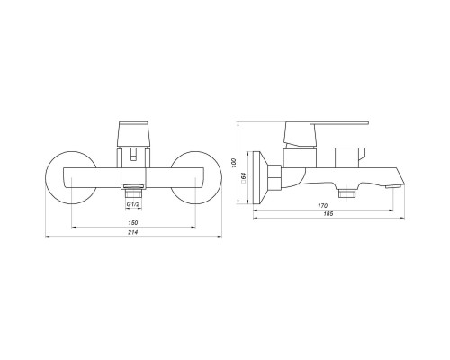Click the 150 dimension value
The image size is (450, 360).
(x=133, y=223)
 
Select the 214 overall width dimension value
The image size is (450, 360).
(x=133, y=232)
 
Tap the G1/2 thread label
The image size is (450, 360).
(x=133, y=204)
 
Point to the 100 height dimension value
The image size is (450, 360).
(x=234, y=163)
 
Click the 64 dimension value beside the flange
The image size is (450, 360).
(x=244, y=176)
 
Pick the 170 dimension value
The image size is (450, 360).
(x=323, y=206)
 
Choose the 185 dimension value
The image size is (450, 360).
(x=328, y=214)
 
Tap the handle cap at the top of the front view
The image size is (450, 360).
(x=133, y=134)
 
